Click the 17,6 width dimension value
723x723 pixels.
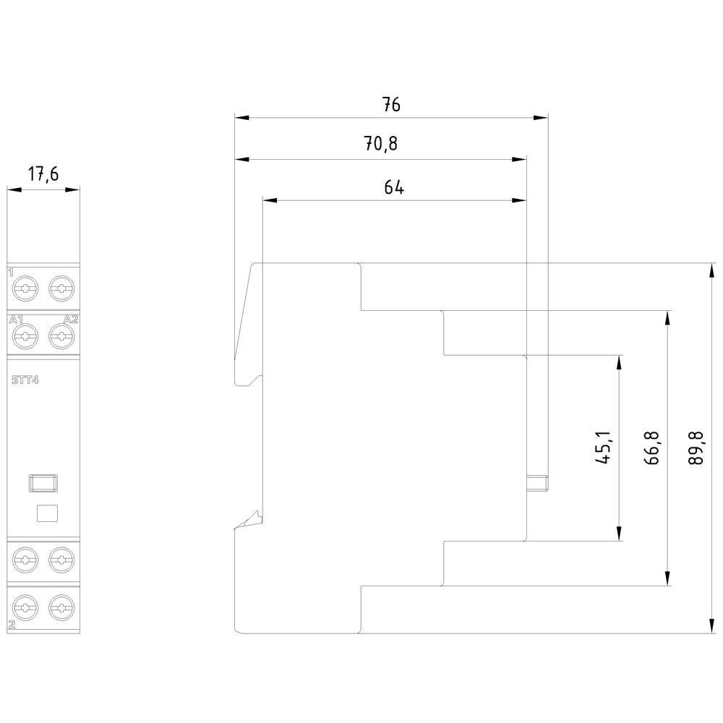point(43,174)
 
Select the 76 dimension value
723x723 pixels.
point(391,104)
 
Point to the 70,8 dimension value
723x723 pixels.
point(381,145)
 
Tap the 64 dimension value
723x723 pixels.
point(393,188)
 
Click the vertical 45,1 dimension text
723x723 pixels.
point(605,448)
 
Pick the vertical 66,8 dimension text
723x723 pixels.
point(653,448)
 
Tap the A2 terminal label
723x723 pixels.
point(71,320)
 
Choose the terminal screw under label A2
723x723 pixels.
point(61,335)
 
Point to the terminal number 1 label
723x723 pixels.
point(11,273)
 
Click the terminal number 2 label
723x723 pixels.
point(11,623)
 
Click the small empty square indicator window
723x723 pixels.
point(46,513)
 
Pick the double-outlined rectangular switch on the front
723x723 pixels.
point(43,482)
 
